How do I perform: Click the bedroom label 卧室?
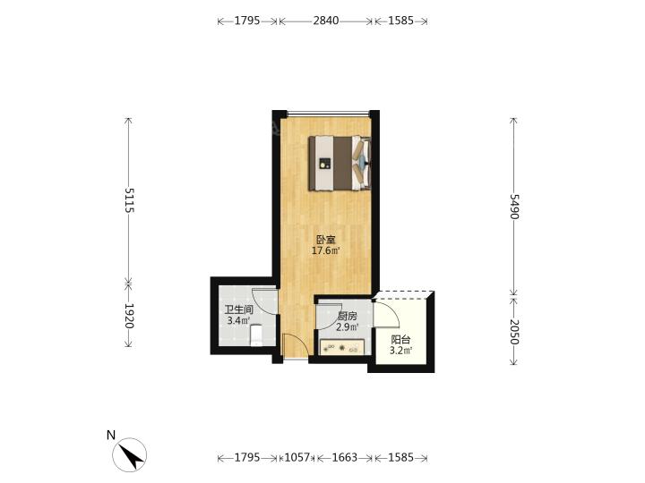click(325, 240)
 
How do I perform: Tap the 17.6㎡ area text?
click(325, 250)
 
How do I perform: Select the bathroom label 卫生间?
click(238, 310)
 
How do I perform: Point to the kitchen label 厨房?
click(347, 317)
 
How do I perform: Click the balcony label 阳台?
click(400, 340)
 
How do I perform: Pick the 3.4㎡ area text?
click(238, 321)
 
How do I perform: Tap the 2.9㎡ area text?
click(347, 327)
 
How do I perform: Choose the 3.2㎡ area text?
click(400, 351)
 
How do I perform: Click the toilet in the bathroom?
click(256, 335)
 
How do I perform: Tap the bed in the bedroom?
click(340, 163)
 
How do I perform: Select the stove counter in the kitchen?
click(342, 347)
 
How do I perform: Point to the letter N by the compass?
click(111, 436)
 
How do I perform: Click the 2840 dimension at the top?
click(326, 21)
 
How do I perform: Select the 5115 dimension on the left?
click(129, 200)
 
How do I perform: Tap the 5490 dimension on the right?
click(514, 207)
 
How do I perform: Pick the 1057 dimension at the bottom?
click(297, 458)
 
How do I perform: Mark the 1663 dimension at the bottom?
click(345, 458)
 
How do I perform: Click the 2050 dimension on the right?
click(514, 332)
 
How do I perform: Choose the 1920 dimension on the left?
click(129, 316)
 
